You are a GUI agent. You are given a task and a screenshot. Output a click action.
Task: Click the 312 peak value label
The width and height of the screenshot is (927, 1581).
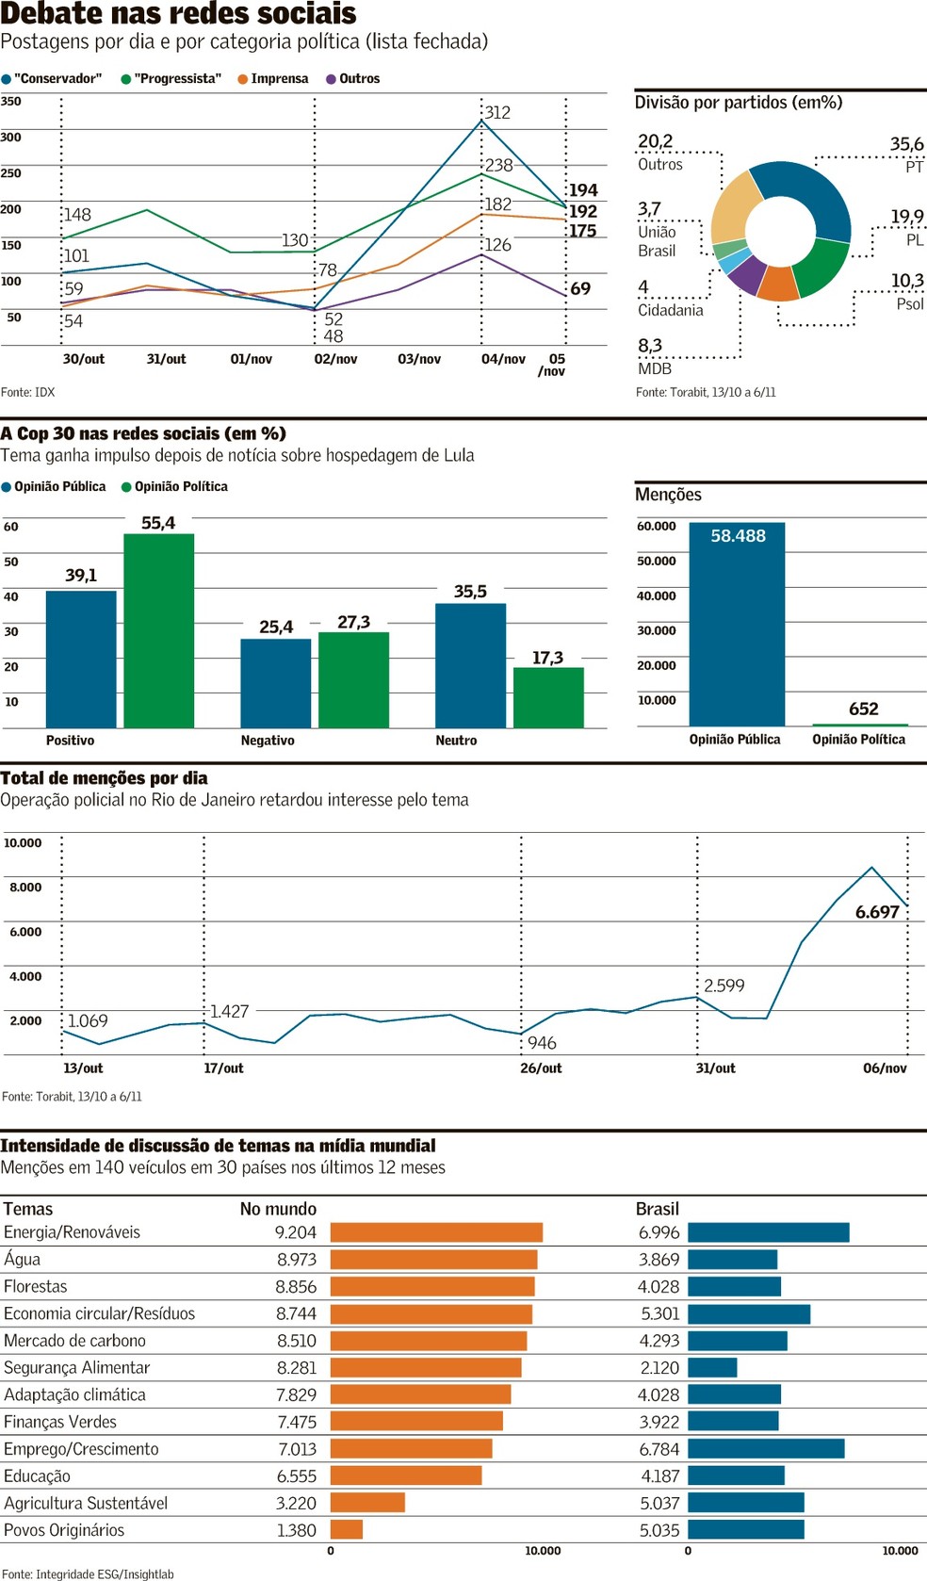click(497, 113)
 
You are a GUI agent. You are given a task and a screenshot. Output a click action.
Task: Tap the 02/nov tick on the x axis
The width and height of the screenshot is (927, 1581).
click(335, 359)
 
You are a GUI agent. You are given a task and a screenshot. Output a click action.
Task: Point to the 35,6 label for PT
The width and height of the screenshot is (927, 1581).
click(906, 144)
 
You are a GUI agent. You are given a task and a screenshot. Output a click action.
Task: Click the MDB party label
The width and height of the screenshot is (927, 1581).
click(655, 368)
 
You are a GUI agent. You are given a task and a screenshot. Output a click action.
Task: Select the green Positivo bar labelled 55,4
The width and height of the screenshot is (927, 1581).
click(159, 630)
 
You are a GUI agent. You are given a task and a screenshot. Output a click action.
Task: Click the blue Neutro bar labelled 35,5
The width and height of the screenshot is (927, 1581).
click(470, 665)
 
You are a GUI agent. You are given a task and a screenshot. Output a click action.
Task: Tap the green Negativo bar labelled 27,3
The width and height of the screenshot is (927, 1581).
click(353, 679)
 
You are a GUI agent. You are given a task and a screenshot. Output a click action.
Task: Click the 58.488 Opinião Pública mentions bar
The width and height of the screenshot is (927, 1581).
click(737, 624)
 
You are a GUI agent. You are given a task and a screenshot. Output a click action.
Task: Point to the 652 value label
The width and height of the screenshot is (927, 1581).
click(863, 709)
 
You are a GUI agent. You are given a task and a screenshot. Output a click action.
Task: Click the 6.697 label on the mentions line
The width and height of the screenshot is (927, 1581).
click(877, 912)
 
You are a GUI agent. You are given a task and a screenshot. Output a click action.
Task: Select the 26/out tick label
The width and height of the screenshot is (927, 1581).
click(541, 1068)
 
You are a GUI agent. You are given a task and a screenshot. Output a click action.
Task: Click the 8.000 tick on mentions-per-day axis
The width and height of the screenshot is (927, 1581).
click(25, 888)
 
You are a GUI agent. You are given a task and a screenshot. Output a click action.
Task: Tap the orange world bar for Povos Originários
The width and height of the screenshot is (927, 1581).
click(346, 1530)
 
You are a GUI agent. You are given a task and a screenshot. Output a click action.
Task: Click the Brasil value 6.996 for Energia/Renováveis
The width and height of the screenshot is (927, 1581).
click(659, 1232)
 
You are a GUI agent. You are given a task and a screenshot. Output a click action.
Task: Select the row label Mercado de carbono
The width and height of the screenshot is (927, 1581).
click(74, 1341)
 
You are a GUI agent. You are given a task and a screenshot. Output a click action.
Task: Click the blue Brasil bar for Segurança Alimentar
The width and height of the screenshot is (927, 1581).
click(712, 1367)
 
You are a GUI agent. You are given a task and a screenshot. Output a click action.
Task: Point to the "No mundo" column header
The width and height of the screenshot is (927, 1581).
click(278, 1209)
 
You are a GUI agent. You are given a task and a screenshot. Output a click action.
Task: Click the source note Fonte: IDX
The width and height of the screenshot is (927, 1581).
click(27, 392)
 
